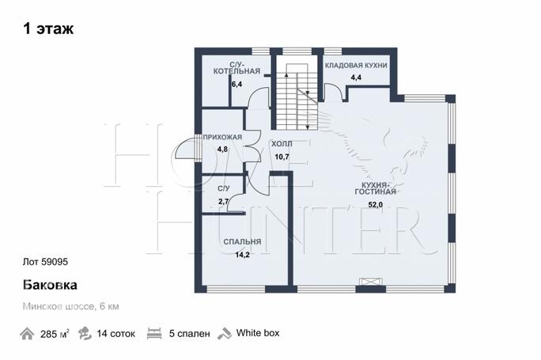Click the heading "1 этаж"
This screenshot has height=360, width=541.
(48, 28)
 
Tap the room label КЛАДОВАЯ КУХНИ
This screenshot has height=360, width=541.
(356, 65)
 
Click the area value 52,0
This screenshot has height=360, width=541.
(376, 205)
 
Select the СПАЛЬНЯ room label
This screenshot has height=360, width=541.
(242, 241)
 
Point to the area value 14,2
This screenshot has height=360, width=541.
(242, 255)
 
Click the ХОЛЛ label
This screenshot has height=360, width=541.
(282, 143)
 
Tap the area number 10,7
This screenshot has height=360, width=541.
(282, 157)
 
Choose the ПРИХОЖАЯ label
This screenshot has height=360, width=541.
(222, 137)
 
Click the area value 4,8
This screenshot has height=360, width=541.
(222, 150)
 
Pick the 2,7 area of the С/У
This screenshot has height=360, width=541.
(224, 201)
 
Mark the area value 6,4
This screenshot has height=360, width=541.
(237, 84)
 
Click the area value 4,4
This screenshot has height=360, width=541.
(356, 78)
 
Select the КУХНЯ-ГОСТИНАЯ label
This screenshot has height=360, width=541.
(376, 188)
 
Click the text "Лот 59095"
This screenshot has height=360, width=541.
(45, 262)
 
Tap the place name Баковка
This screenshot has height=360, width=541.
(50, 285)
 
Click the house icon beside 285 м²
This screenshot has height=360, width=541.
(27, 334)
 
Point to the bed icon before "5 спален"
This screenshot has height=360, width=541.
(154, 334)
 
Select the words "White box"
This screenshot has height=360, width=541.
(258, 333)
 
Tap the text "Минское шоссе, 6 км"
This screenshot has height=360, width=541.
(70, 306)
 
